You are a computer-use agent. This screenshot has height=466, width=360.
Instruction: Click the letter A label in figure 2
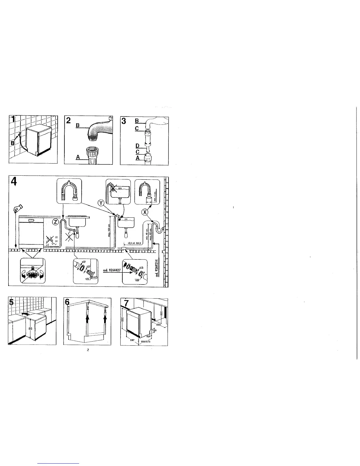[78, 157]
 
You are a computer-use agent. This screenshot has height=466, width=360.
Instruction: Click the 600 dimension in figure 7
[158, 325]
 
